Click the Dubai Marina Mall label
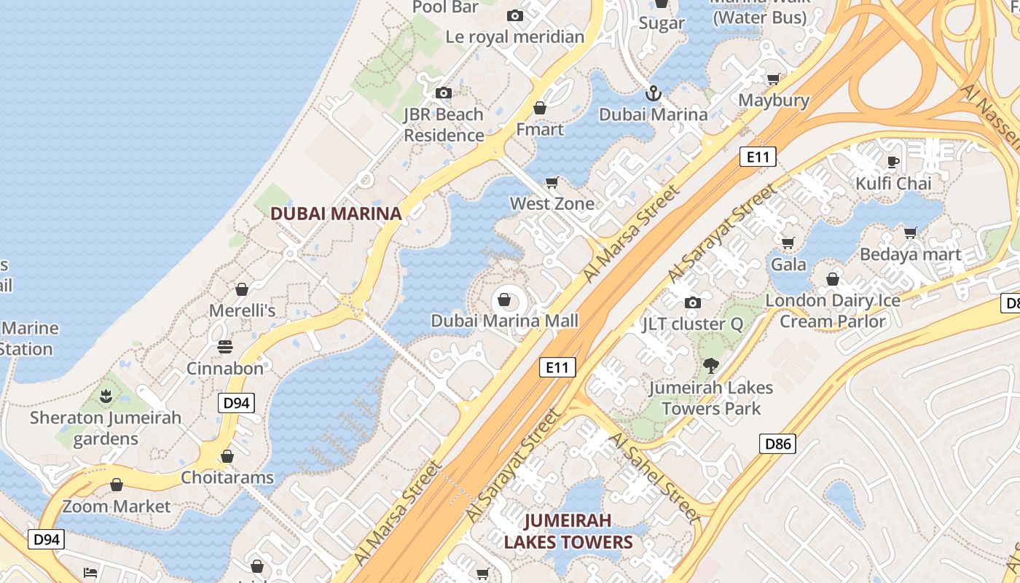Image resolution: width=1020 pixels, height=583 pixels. (x=504, y=321)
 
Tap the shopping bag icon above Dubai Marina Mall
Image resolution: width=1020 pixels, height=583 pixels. (x=504, y=299)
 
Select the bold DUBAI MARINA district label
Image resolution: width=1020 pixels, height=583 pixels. (x=336, y=214)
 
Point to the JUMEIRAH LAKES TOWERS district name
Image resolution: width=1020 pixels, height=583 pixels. (x=568, y=532)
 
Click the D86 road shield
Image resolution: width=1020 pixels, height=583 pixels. (x=777, y=443)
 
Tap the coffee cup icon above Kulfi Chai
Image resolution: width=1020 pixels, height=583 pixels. (x=893, y=162)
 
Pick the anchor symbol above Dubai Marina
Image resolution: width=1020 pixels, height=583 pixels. (x=653, y=93)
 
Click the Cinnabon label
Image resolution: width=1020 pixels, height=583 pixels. (x=225, y=368)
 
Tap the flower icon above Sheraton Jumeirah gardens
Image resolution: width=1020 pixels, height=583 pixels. (x=106, y=396)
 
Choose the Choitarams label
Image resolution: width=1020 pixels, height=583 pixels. (x=227, y=478)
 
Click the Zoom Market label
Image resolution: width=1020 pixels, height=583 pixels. (x=117, y=506)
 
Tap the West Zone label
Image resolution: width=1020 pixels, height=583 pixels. (x=552, y=203)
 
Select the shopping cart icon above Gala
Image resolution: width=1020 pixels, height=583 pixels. (x=788, y=243)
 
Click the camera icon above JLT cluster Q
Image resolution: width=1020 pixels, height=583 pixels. (x=692, y=302)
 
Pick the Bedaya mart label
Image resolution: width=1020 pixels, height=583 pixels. (x=911, y=255)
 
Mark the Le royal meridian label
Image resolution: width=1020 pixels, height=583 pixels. (x=515, y=36)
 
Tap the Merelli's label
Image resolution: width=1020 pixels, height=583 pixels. (x=242, y=310)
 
